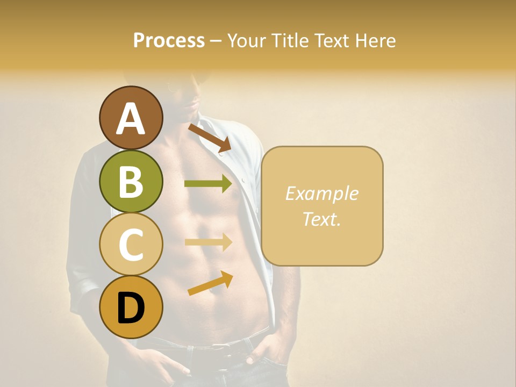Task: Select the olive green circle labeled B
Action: click(x=131, y=181)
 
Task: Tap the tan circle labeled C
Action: click(x=131, y=244)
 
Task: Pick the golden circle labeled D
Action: click(x=131, y=307)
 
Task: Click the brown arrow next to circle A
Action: click(x=210, y=138)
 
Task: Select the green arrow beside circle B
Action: click(x=208, y=184)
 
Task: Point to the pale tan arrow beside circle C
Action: click(x=208, y=242)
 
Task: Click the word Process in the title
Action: click(x=169, y=40)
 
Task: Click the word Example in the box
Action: click(x=321, y=193)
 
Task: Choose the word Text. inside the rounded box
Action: click(x=321, y=219)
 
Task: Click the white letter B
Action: click(x=131, y=181)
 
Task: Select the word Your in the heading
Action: click(x=245, y=40)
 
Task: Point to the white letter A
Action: click(x=131, y=118)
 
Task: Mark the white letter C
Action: click(x=131, y=245)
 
